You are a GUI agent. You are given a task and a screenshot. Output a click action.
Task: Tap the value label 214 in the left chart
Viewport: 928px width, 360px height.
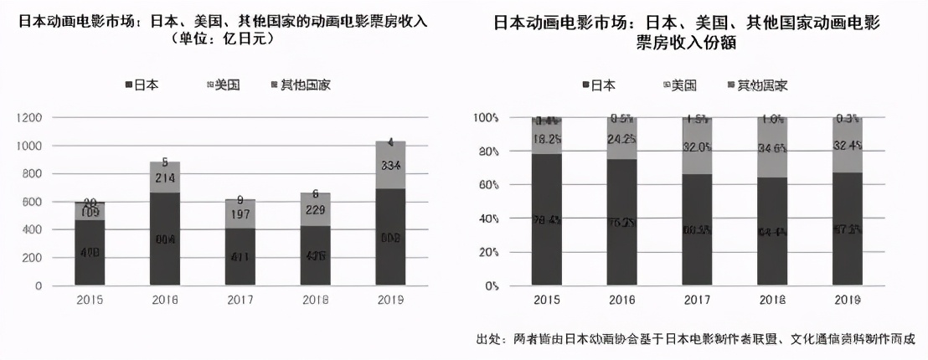click(165, 178)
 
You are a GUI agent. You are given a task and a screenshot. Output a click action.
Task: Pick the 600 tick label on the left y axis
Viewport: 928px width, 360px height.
click(33, 202)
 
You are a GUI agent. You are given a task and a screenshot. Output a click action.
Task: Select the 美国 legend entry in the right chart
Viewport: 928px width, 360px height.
click(679, 85)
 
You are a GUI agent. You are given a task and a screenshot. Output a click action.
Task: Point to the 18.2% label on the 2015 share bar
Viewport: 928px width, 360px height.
click(547, 139)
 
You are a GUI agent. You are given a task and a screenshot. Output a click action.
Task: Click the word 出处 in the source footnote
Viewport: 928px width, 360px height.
click(487, 339)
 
